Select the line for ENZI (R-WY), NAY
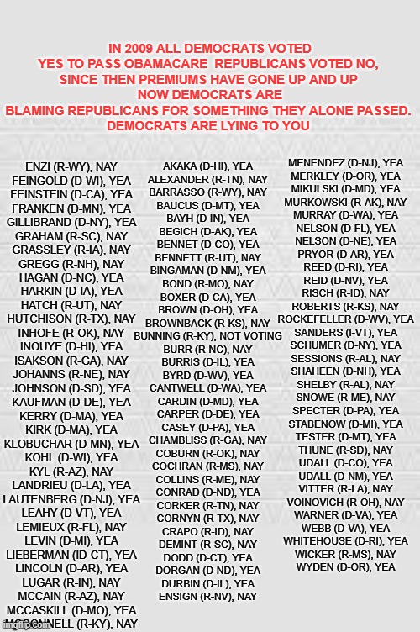pyautogui.click(x=71, y=167)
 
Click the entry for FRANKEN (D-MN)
pyautogui.click(x=71, y=208)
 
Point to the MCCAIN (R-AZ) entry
pyautogui.click(x=71, y=596)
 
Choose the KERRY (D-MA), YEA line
pyautogui.click(x=71, y=416)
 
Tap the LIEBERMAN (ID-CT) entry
pyautogui.click(x=71, y=555)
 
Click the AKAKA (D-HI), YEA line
pyautogui.click(x=207, y=166)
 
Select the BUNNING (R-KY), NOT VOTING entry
pyautogui.click(x=207, y=336)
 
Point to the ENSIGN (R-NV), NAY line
pyautogui.click(x=207, y=597)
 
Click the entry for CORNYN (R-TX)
pyautogui.click(x=207, y=519)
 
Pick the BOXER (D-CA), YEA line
pyautogui.click(x=207, y=297)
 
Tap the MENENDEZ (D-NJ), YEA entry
pyautogui.click(x=345, y=162)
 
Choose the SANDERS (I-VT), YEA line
pyautogui.click(x=345, y=332)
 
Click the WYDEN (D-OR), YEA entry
pyautogui.click(x=345, y=567)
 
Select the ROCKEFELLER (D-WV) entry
pyautogui.click(x=345, y=319)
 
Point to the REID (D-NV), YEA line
pyautogui.click(x=345, y=280)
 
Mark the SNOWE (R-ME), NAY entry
pyautogui.click(x=345, y=397)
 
